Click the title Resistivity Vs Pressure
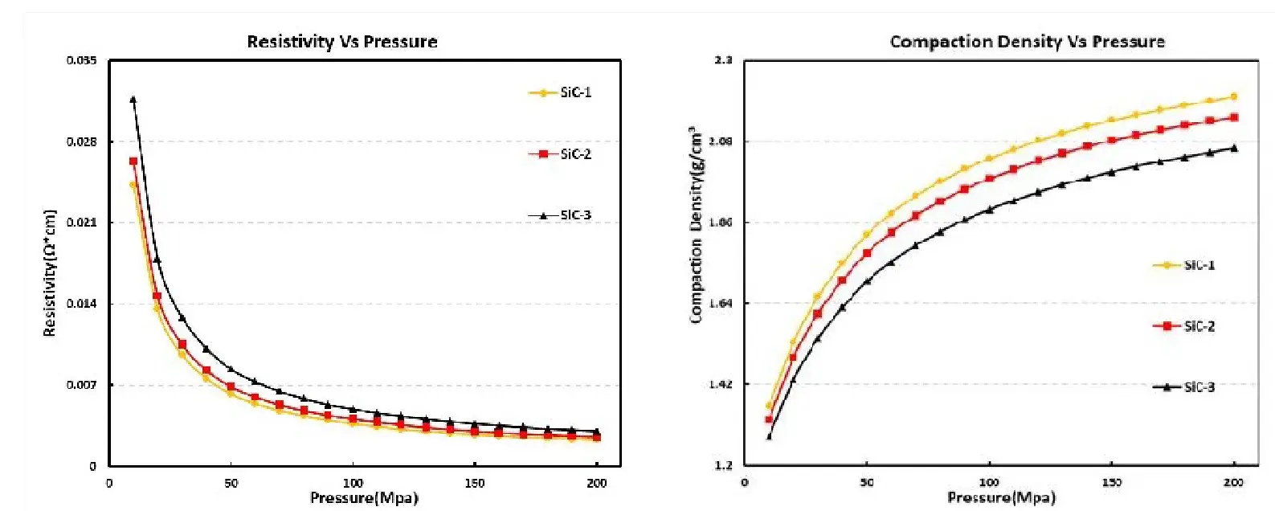tap(341, 42)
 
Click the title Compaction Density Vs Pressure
tap(1027, 42)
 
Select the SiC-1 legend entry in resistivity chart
tap(561, 92)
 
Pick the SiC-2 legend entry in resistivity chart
tap(561, 154)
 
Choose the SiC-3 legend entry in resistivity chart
tap(561, 215)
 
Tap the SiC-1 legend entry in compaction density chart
tap(1184, 265)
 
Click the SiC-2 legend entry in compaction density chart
tap(1184, 326)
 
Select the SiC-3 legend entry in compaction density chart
tap(1184, 387)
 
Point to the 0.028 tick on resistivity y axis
tap(80, 142)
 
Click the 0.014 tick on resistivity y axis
tap(80, 304)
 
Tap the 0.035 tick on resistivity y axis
tap(80, 61)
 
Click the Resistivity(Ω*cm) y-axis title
tap(50, 273)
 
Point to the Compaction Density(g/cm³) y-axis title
tap(696, 225)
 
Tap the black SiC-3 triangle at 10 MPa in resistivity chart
tap(133, 100)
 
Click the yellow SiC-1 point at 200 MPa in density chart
tap(1234, 96)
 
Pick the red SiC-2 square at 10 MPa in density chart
tap(769, 419)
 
